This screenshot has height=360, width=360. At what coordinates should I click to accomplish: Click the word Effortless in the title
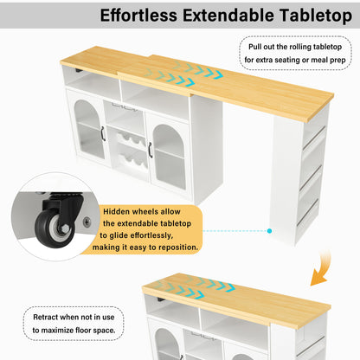[x=138, y=15]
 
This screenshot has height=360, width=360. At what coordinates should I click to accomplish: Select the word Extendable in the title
[x=228, y=15]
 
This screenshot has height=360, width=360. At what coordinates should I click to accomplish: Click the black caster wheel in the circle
[x=54, y=228]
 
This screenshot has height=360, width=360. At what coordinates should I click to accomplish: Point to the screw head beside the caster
[x=87, y=222]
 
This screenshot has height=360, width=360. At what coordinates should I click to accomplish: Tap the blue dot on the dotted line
[x=269, y=231]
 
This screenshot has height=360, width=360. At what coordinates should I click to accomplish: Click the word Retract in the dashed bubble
[x=45, y=317]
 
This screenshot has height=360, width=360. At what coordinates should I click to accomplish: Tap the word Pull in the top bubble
[x=254, y=47]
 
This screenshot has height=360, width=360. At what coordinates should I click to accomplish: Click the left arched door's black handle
[x=103, y=134]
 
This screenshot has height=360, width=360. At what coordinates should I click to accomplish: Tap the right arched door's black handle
[x=150, y=150]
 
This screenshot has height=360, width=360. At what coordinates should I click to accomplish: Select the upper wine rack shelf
[x=132, y=140]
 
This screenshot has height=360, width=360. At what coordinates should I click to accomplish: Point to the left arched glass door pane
[x=87, y=129]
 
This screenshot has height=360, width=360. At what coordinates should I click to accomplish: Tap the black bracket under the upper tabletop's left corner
[x=79, y=71]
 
